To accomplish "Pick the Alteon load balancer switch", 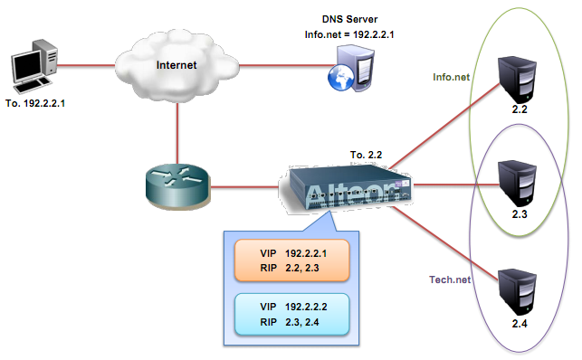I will (348, 190).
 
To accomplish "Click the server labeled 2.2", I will (520, 82).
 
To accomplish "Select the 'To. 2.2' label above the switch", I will (367, 155).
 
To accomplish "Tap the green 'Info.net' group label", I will (451, 78).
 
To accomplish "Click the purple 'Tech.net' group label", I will (451, 279).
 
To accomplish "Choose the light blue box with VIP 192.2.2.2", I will (292, 313).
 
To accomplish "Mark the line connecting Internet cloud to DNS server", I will (281, 64).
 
